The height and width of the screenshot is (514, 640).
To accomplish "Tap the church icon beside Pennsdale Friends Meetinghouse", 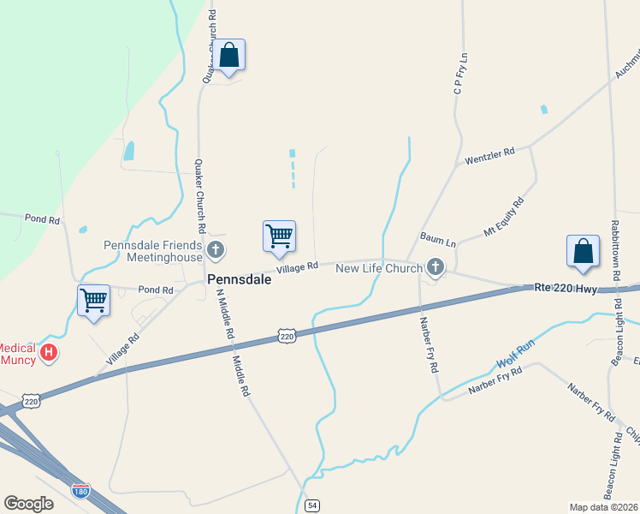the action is (x=216, y=251).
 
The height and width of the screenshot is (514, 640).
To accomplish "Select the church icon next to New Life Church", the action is (x=436, y=268).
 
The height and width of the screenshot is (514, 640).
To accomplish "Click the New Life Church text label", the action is (x=378, y=268).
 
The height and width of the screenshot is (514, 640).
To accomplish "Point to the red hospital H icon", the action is (x=50, y=351).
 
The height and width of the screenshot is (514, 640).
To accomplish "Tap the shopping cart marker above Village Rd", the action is (x=279, y=236).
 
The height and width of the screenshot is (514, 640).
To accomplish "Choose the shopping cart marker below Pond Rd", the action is (x=93, y=300).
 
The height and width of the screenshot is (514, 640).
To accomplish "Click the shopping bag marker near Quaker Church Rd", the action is (x=229, y=55).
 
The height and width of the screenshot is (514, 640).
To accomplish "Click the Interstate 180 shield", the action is (x=80, y=491).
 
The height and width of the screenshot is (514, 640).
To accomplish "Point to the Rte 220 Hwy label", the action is (x=565, y=289).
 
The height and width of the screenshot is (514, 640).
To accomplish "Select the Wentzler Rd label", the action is (x=489, y=157).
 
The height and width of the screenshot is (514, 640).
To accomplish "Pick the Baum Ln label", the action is (x=437, y=238).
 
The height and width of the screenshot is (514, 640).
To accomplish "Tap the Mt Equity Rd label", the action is (x=504, y=219).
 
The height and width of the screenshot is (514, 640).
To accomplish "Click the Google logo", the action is (x=28, y=503).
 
